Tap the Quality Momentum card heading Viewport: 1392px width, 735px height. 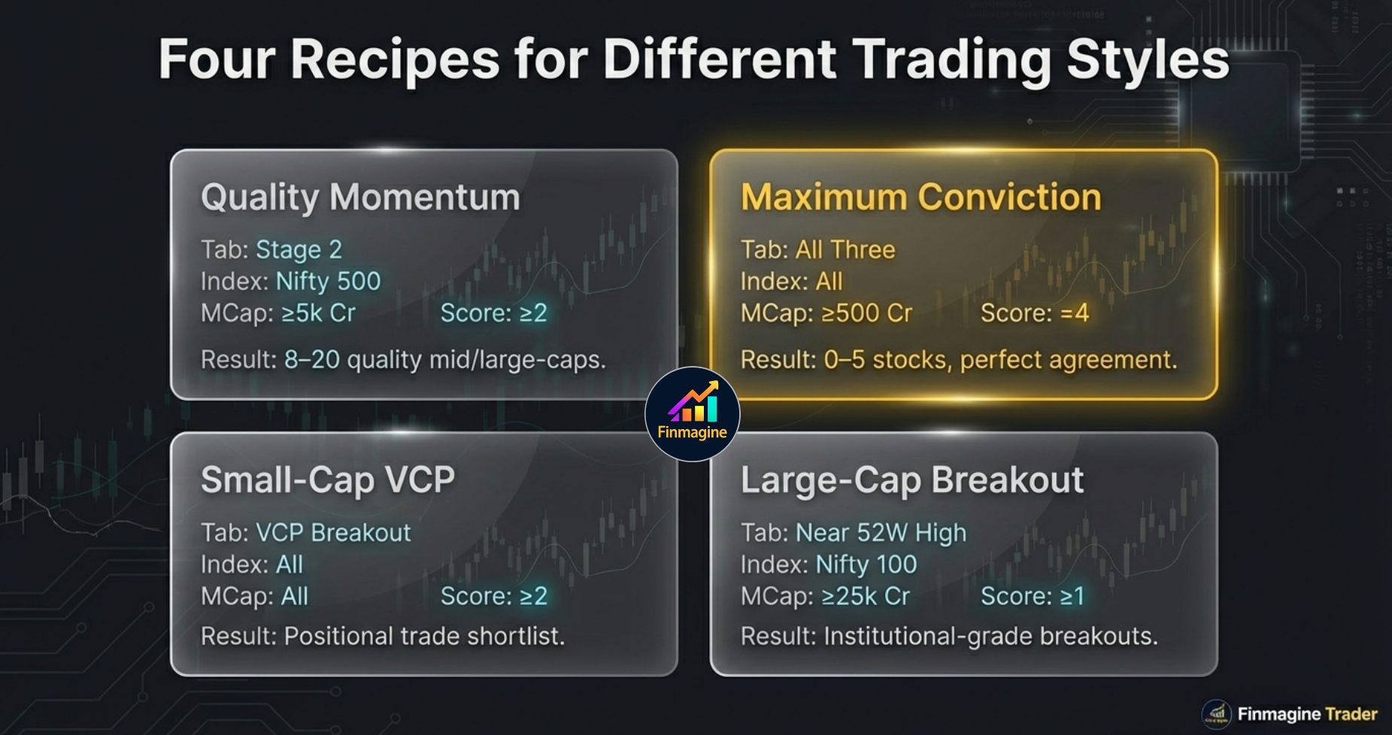click(x=360, y=198)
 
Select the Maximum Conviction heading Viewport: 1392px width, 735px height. click(x=920, y=198)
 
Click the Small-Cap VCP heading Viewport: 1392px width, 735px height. click(x=328, y=480)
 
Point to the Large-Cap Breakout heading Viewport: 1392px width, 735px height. click(x=911, y=480)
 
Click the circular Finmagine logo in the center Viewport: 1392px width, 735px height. click(x=692, y=414)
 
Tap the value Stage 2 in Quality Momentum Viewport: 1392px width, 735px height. click(x=299, y=250)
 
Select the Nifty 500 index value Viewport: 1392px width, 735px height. click(x=329, y=281)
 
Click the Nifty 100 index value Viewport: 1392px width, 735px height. click(x=866, y=564)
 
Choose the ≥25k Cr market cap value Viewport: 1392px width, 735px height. click(x=866, y=596)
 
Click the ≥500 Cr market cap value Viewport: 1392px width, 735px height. click(x=866, y=313)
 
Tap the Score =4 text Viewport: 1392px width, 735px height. click(x=1034, y=313)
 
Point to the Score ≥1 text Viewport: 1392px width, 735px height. click(x=1033, y=596)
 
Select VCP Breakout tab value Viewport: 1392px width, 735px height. click(x=333, y=533)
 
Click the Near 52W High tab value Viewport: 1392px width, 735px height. click(x=881, y=533)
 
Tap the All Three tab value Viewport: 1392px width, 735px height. click(x=845, y=250)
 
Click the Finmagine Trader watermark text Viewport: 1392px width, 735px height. click(x=1307, y=714)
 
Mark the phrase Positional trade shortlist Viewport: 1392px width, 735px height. click(x=423, y=637)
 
